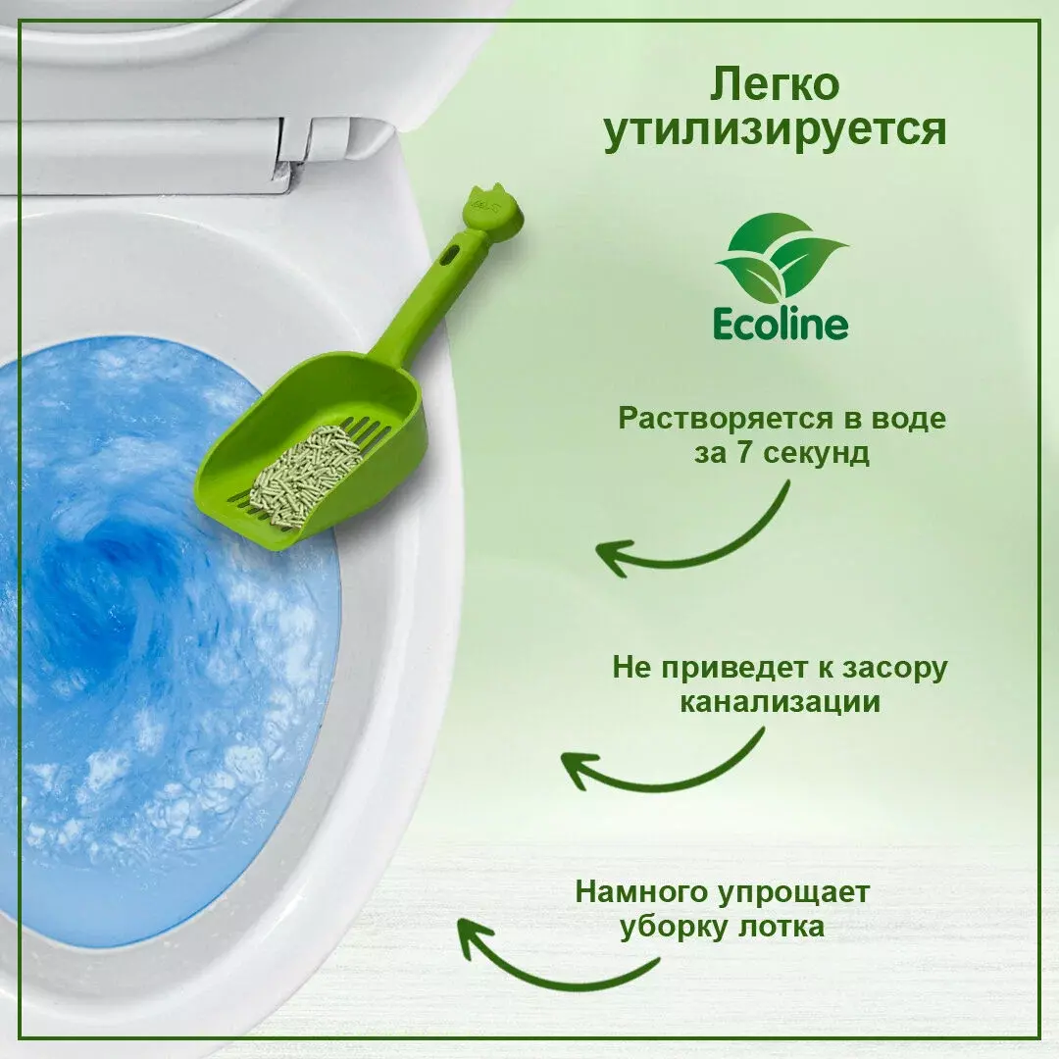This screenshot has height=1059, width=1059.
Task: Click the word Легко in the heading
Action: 775,85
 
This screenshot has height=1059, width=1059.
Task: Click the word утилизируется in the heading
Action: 775,130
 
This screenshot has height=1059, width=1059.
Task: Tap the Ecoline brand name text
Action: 781,325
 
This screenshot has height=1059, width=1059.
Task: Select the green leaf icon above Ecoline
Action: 781,257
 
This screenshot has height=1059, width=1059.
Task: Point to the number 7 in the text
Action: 743,452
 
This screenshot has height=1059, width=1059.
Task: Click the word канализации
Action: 781,702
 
